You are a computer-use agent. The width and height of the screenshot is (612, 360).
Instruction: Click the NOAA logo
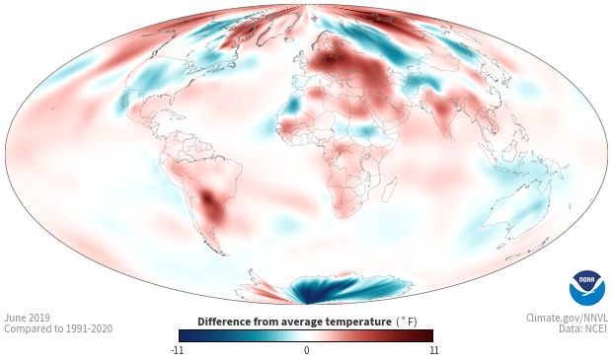[x=587, y=288]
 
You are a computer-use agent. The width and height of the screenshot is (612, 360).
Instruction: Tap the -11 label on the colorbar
[x=178, y=350]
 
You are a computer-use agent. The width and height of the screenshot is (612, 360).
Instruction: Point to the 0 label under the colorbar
[x=306, y=350]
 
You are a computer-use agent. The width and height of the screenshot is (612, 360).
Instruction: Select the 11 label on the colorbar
[x=433, y=350]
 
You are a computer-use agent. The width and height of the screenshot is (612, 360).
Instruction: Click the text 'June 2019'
[x=28, y=318]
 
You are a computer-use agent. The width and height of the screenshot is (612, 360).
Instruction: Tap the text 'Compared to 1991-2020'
[x=58, y=328]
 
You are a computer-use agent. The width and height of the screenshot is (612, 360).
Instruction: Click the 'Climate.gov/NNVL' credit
[x=567, y=318]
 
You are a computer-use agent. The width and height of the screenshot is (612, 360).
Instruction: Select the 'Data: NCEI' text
[x=583, y=328]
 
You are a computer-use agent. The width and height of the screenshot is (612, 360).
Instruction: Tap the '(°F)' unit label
[x=407, y=323]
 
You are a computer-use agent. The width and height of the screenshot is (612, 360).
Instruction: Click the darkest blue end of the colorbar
[x=182, y=335]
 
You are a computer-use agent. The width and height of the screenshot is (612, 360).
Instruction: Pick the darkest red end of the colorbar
[x=429, y=335]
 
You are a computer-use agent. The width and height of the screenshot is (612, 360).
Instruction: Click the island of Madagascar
[x=389, y=189]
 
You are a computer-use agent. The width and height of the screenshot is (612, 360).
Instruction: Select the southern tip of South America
[x=224, y=254]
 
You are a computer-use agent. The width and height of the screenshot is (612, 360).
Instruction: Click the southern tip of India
[x=451, y=141]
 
